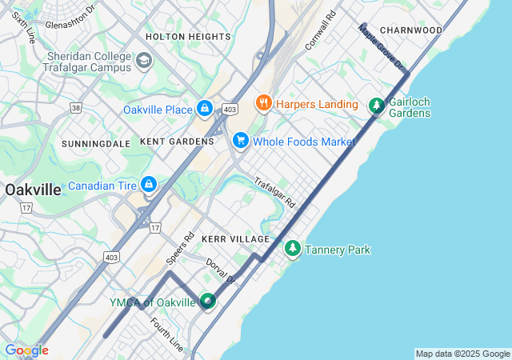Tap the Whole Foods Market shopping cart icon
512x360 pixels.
coord(240,141)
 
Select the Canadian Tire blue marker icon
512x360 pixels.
coord(148,186)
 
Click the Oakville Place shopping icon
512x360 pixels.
coord(205,109)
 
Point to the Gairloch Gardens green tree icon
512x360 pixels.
coord(376,106)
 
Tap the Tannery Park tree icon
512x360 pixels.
coord(293,250)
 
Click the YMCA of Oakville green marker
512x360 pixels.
coord(208,302)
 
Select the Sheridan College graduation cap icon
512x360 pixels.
coord(144,61)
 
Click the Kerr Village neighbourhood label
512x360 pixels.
coord(236,239)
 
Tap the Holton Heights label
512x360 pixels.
coord(188,37)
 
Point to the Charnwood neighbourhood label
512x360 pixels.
coord(411,30)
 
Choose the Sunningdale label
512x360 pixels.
coord(96,143)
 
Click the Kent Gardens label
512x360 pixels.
coord(177,141)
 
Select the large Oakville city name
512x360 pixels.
coord(32,190)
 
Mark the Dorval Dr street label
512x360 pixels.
coord(220,271)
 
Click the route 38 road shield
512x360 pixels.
coord(76,106)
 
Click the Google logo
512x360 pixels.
coord(26,350)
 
